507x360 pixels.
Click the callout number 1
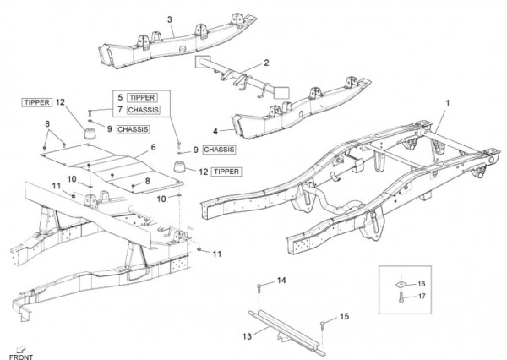click(x=447, y=101)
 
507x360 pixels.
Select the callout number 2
click(x=266, y=63)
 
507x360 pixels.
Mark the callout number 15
click(x=344, y=316)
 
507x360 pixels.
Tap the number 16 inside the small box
click(x=422, y=284)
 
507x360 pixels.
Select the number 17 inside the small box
click(x=422, y=297)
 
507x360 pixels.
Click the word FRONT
click(x=20, y=354)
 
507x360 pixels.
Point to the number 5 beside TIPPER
click(x=121, y=97)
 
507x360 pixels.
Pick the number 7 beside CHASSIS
click(x=121, y=110)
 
